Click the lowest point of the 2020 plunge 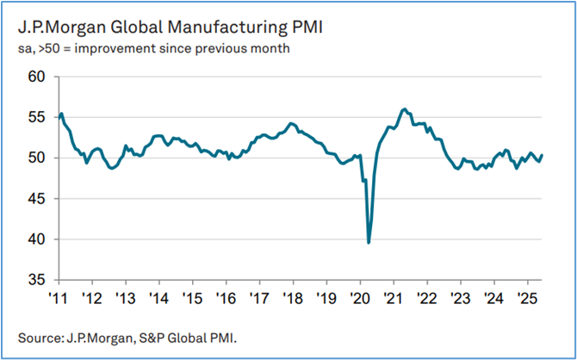369,243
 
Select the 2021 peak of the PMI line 404,109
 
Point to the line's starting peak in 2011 61,114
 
